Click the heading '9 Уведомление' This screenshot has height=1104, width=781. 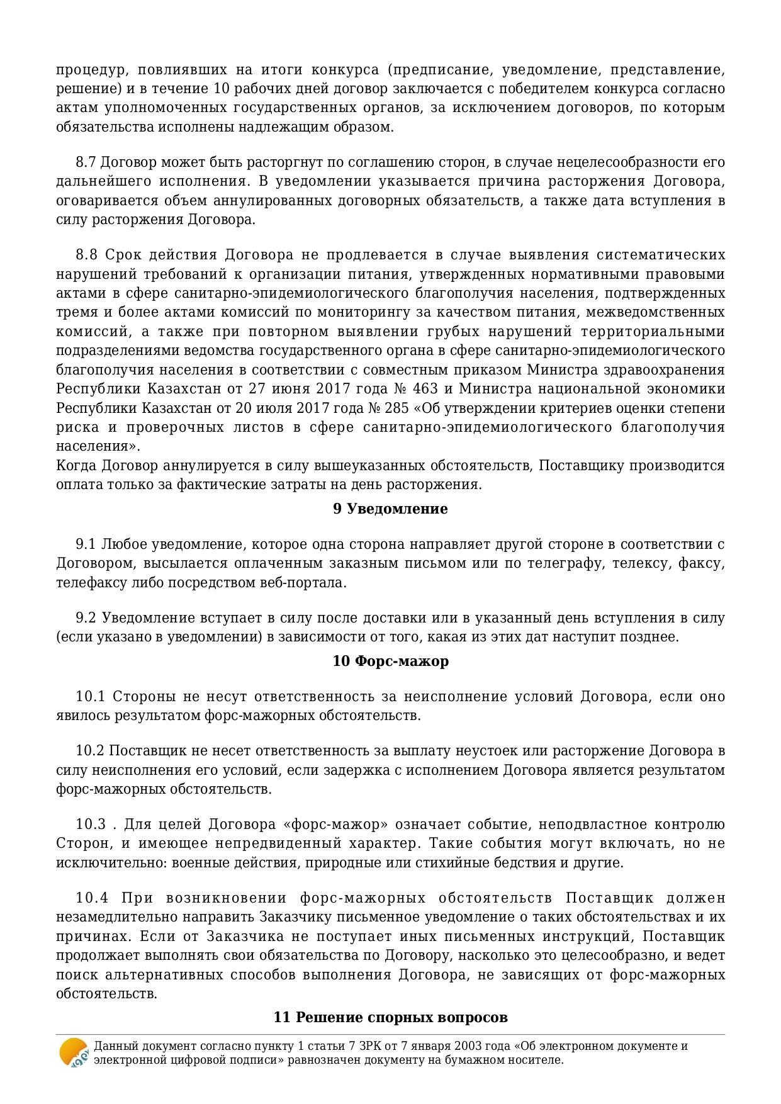(390, 509)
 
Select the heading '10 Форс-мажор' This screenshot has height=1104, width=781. (390, 662)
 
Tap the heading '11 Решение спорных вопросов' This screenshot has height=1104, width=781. (390, 1018)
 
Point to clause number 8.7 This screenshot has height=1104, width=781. (86, 162)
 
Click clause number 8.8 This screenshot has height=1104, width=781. (86, 255)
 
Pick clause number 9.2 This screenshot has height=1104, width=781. (86, 618)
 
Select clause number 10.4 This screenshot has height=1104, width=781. (92, 898)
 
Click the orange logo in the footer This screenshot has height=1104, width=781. (73, 1053)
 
